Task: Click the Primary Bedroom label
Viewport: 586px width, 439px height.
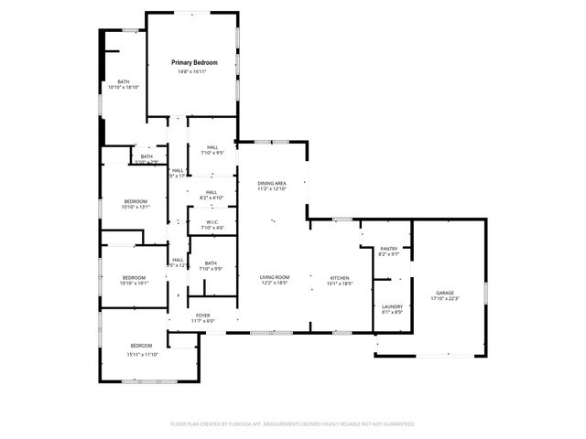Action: (x=193, y=62)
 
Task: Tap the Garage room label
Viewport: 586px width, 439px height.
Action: (x=444, y=292)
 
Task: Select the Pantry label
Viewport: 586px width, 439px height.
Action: (x=389, y=249)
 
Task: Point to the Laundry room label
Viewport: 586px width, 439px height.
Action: (x=392, y=306)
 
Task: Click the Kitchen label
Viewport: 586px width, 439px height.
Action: (x=341, y=277)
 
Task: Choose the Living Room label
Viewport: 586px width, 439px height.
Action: (x=274, y=277)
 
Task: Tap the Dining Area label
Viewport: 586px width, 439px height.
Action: (x=274, y=183)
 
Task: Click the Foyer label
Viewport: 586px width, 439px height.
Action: (x=202, y=316)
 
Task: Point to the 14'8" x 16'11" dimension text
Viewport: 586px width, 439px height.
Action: (x=193, y=72)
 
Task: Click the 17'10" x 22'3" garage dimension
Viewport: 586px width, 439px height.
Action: (x=444, y=298)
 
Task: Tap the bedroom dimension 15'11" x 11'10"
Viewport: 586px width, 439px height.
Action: (x=142, y=354)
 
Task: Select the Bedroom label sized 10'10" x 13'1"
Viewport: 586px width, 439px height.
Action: (x=136, y=201)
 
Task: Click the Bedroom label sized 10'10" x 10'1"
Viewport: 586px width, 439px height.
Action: (x=134, y=277)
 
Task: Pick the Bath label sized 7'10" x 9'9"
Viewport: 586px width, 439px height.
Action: (x=210, y=262)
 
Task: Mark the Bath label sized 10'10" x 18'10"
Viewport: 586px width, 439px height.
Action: (x=123, y=82)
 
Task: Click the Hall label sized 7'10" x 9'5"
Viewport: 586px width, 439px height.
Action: (x=212, y=147)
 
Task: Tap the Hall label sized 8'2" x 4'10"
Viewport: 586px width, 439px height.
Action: (x=212, y=191)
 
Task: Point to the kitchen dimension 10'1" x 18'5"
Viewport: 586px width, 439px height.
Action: (x=341, y=284)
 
